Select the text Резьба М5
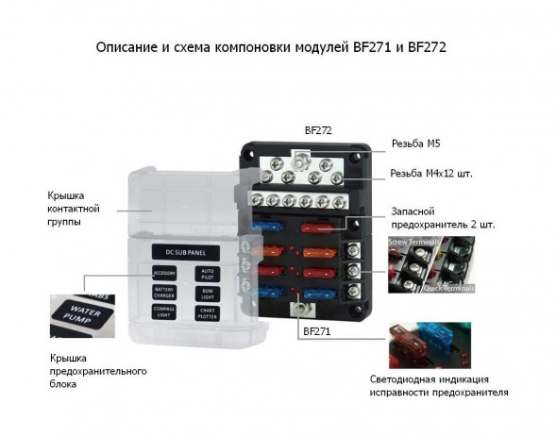coord(418,144)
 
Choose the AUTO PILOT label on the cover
coord(209,273)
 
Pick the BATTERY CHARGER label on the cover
coord(165,293)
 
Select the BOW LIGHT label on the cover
coord(209,293)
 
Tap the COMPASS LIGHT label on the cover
coord(165,312)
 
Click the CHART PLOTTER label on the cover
coord(209,312)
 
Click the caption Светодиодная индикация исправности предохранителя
coord(439,385)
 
